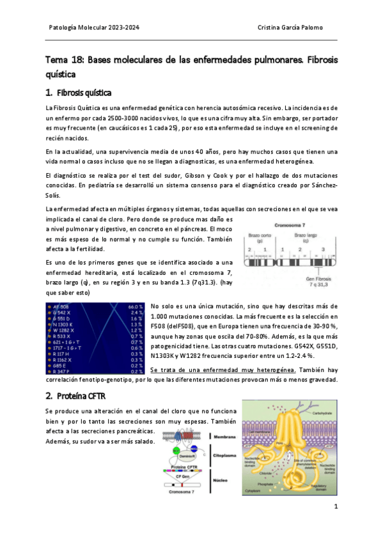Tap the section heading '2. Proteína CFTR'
pyautogui.click(x=75, y=396)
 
